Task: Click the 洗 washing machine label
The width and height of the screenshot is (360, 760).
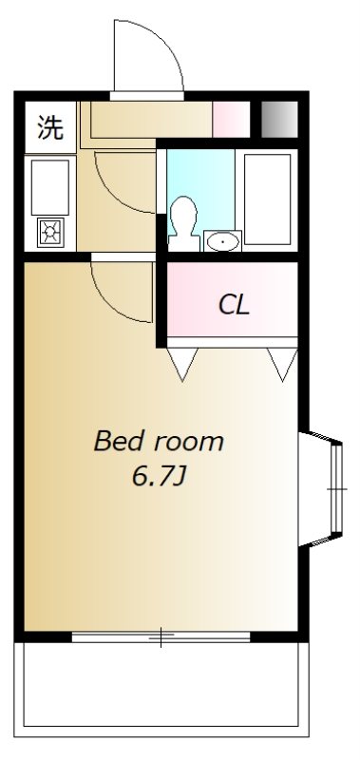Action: (51, 127)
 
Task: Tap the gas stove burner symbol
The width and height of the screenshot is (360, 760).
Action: (50, 232)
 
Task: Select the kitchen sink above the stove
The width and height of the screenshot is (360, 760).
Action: (50, 187)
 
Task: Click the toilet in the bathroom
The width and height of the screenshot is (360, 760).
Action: (184, 223)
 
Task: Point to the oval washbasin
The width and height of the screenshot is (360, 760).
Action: (222, 241)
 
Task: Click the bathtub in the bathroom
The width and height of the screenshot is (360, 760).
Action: (268, 199)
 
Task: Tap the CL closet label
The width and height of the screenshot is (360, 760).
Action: (234, 305)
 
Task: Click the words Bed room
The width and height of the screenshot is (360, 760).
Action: (159, 442)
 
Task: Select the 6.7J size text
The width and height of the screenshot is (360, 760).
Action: (159, 478)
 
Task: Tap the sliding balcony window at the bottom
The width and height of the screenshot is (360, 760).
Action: (161, 636)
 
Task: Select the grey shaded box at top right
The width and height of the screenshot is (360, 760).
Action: (279, 120)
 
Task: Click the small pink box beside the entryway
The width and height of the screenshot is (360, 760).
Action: (231, 120)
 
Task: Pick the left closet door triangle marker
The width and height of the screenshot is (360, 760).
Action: (182, 364)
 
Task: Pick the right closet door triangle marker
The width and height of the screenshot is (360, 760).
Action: (282, 364)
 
